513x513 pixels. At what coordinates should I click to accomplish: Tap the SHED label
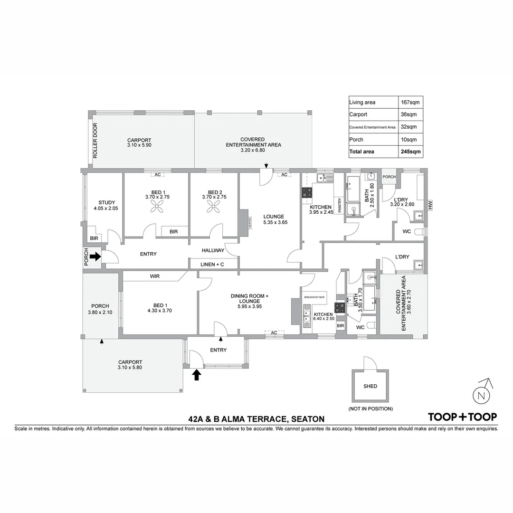point(370,386)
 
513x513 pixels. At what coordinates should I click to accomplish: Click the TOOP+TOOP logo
point(463,417)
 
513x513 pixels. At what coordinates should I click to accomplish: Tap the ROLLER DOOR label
point(95,141)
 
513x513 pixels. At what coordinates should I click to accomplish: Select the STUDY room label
point(107,203)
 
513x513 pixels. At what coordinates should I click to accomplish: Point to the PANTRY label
point(340,205)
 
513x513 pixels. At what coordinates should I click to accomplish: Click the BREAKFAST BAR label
point(314,297)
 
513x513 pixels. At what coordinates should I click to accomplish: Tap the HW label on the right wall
point(430,205)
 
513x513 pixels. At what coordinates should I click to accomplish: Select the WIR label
point(155,276)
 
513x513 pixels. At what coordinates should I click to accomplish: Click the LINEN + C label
point(212,264)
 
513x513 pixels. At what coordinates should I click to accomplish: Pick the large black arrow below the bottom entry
point(196,375)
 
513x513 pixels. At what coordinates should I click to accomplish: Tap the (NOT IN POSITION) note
point(370,408)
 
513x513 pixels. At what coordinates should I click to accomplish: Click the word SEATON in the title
point(307,419)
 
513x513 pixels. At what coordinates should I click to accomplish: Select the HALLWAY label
point(213,250)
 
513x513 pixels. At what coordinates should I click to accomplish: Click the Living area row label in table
point(362,102)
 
